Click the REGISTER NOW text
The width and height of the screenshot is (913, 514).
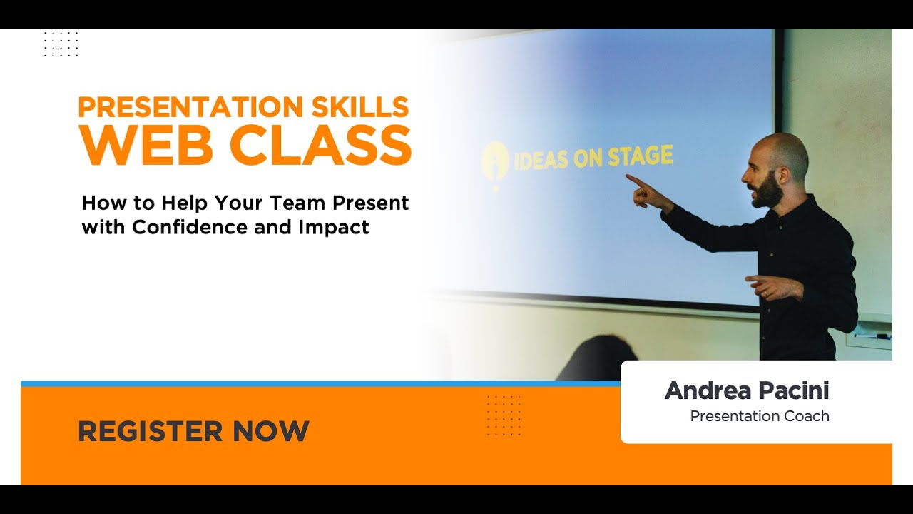193,431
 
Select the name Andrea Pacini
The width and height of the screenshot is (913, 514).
747,390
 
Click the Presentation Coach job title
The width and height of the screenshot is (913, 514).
760,416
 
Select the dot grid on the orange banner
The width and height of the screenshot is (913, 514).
504,415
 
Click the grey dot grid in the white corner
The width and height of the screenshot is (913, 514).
61,44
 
